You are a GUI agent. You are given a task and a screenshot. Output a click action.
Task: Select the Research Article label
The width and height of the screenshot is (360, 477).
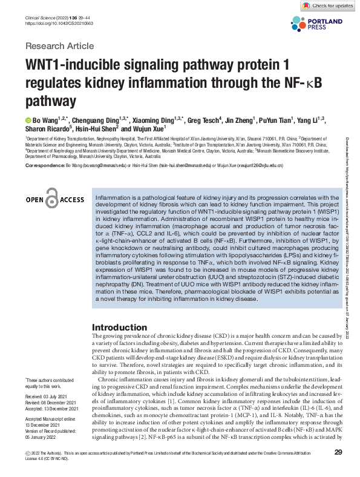59,46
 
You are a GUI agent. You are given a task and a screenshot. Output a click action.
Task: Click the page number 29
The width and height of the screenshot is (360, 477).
339,452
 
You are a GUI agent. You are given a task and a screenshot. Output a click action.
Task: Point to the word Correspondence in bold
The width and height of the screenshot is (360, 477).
44,165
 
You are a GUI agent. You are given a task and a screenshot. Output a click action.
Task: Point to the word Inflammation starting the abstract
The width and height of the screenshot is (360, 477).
114,197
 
